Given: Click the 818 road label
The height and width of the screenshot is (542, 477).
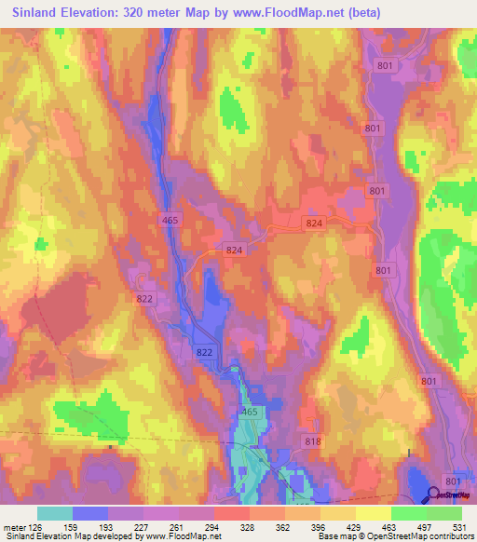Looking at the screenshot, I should pyautogui.click(x=312, y=440).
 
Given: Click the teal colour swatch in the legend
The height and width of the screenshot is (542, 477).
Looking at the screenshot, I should pyautogui.click(x=55, y=514).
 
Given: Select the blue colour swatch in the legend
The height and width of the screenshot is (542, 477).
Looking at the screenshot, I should pyautogui.click(x=90, y=514).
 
